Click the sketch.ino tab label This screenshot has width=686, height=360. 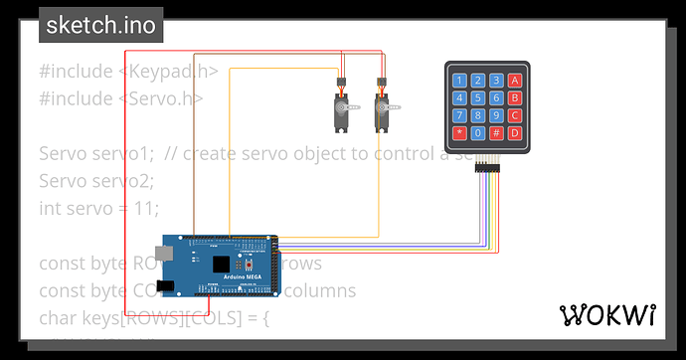[x=101, y=26]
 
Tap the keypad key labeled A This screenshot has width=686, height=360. [x=514, y=81]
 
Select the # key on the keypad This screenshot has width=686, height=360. [x=496, y=132]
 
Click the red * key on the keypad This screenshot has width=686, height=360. [x=459, y=132]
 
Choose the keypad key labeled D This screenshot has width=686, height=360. [x=514, y=132]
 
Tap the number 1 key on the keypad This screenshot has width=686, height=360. [x=459, y=81]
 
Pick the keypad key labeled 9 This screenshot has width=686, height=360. [x=496, y=115]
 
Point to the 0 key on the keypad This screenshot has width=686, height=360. [x=478, y=132]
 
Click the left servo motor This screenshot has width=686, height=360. [x=341, y=107]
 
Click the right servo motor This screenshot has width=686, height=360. [x=383, y=107]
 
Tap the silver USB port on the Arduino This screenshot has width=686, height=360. [x=171, y=253]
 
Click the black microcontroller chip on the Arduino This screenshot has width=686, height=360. [x=222, y=264]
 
